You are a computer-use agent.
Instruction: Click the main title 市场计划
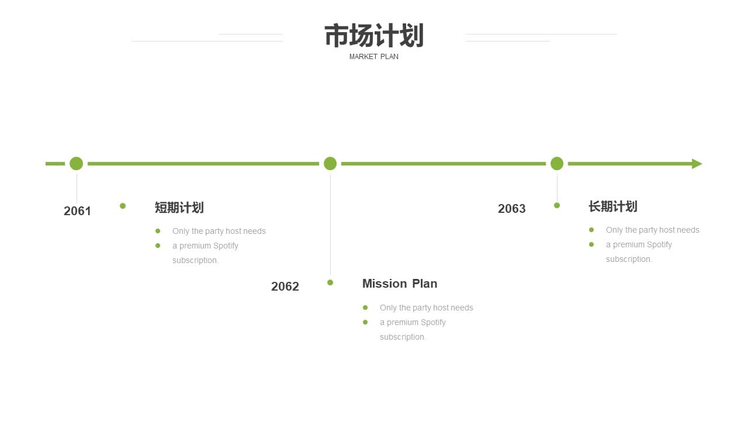tap(374, 36)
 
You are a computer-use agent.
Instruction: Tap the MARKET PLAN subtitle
tap(373, 57)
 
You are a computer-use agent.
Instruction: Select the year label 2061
tap(77, 211)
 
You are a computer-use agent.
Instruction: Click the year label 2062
tap(285, 287)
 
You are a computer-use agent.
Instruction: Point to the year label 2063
tap(511, 209)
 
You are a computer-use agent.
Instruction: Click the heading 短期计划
tap(179, 208)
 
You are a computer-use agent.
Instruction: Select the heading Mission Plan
tap(400, 284)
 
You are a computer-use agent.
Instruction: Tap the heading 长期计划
tap(613, 206)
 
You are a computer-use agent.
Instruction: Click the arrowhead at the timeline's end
tap(697, 164)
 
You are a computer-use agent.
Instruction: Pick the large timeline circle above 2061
tap(76, 164)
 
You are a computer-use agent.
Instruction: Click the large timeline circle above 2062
tap(330, 164)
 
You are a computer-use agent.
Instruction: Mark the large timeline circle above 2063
tap(557, 164)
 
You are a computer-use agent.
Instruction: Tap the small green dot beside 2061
tap(123, 206)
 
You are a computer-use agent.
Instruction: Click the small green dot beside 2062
tap(330, 282)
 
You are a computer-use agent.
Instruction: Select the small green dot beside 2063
tap(557, 205)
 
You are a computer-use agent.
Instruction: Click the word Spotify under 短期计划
tap(226, 246)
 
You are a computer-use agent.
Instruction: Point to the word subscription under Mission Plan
tap(403, 337)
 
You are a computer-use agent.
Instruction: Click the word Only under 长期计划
tap(614, 230)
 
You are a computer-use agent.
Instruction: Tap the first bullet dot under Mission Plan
tap(365, 308)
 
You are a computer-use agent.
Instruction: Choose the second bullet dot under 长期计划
tap(591, 244)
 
